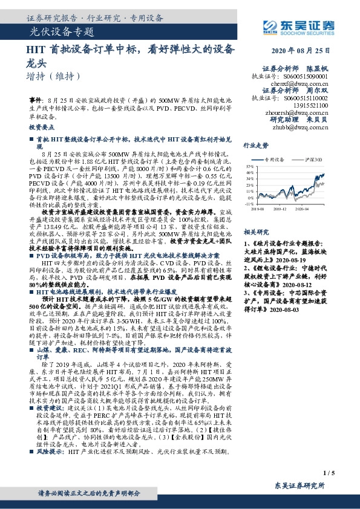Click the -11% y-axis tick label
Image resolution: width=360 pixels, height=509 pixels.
(250, 204)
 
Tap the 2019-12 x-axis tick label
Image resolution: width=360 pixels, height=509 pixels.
(283, 209)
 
